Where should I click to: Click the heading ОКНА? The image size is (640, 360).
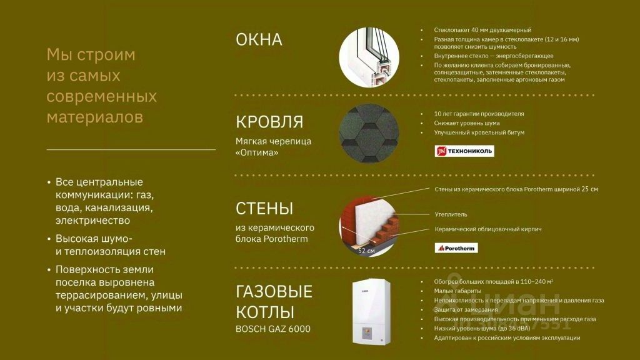point(259,39)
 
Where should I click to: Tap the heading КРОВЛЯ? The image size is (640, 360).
point(269,122)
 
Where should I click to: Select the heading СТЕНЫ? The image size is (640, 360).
point(264,209)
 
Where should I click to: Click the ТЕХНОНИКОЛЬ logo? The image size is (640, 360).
point(464,151)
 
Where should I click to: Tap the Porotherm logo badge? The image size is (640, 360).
point(456,247)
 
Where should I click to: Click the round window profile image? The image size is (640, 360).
point(369,57)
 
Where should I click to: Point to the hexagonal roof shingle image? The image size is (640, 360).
point(369,134)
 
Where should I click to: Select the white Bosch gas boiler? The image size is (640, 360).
point(371,312)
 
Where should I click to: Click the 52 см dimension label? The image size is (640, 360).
point(366,251)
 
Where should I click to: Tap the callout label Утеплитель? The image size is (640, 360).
point(451,214)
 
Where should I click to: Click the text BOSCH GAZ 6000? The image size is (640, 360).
point(272,329)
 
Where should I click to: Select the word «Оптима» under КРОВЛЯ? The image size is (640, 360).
point(257,152)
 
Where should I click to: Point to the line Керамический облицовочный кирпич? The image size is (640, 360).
point(487,229)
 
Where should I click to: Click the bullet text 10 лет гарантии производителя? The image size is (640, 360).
point(479,114)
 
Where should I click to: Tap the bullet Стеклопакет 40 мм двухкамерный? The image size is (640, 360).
point(482,30)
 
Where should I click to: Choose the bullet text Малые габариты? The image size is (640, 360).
point(457,291)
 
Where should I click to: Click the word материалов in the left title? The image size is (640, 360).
point(95,117)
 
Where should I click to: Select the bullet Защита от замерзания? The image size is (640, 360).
point(466,310)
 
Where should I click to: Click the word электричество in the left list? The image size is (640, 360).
point(92,221)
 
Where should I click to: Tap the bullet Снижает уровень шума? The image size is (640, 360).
point(466,123)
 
